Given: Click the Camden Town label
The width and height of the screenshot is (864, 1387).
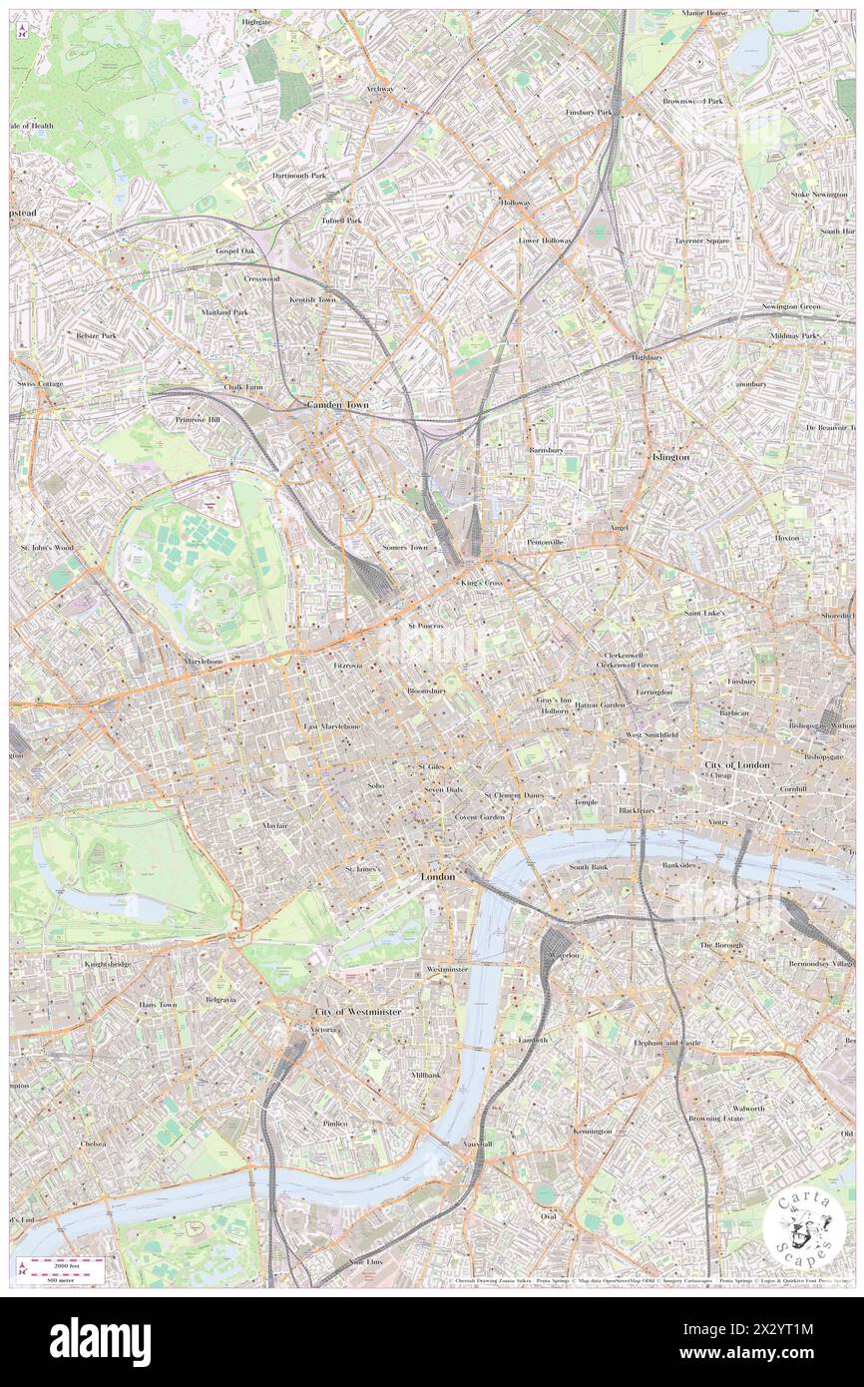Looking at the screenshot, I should click(x=336, y=405).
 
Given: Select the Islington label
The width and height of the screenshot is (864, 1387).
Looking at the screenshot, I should click(x=669, y=456).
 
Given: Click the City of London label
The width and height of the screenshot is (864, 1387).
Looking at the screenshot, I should click(x=737, y=764).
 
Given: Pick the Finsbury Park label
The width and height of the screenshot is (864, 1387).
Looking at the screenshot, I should click(x=589, y=112).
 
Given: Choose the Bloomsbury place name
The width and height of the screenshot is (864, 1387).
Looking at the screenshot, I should click(x=433, y=691).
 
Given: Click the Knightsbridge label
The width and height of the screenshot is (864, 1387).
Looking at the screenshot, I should click(x=108, y=964).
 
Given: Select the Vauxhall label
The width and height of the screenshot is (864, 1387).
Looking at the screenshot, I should click(x=478, y=1145).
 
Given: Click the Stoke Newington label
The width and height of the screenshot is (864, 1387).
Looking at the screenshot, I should click(x=818, y=194).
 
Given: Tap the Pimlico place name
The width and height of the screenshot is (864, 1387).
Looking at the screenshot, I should click(x=335, y=1123).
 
